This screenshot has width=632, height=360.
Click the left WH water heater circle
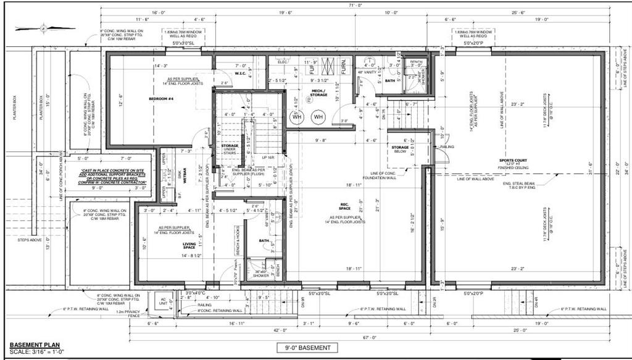click(x=296, y=117)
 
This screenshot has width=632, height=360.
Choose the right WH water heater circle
click(x=318, y=117)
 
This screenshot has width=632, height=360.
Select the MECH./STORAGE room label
click(x=319, y=93)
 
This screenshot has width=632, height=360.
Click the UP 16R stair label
click(x=267, y=158)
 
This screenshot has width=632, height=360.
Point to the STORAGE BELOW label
click(x=401, y=150)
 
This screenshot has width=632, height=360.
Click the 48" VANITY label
click(x=369, y=72)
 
